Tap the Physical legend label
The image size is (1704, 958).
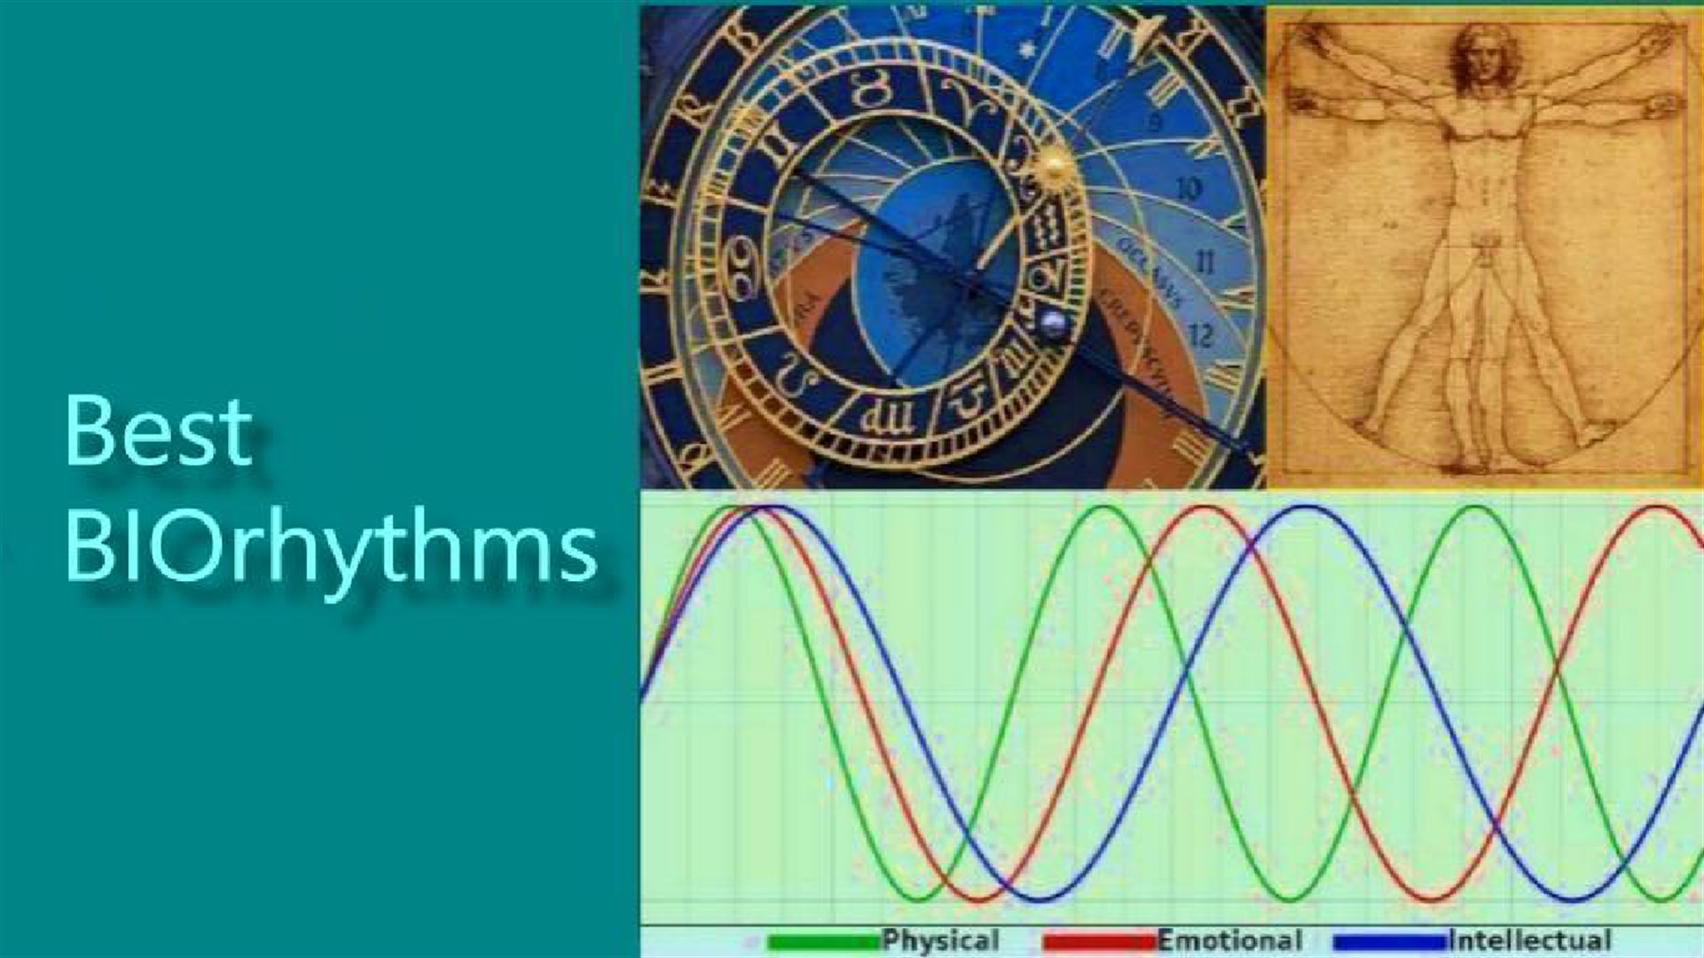pyautogui.click(x=940, y=940)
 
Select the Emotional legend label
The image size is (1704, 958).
pyautogui.click(x=1229, y=940)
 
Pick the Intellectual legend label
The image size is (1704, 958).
pyautogui.click(x=1529, y=940)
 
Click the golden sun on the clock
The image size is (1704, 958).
pyautogui.click(x=1053, y=164)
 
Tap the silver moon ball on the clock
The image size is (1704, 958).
pyautogui.click(x=1053, y=324)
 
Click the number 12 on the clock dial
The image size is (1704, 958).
pyautogui.click(x=1199, y=335)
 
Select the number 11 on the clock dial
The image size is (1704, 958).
pyautogui.click(x=1204, y=262)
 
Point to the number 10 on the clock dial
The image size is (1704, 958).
pyautogui.click(x=1190, y=188)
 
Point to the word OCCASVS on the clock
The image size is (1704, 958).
pyautogui.click(x=1150, y=271)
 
